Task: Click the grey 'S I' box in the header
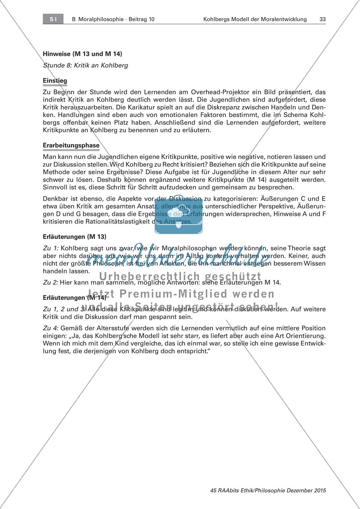click(x=53, y=19)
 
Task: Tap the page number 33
click(x=322, y=19)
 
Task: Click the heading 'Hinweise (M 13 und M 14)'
click(x=82, y=54)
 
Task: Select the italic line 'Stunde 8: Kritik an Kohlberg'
click(x=85, y=65)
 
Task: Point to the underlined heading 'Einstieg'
click(x=55, y=80)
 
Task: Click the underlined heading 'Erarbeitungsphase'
click(x=71, y=145)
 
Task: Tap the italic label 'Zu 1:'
click(x=51, y=249)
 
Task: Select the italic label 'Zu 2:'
click(x=51, y=282)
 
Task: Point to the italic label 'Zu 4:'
click(x=51, y=328)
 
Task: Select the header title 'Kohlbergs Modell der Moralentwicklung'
click(x=255, y=19)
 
